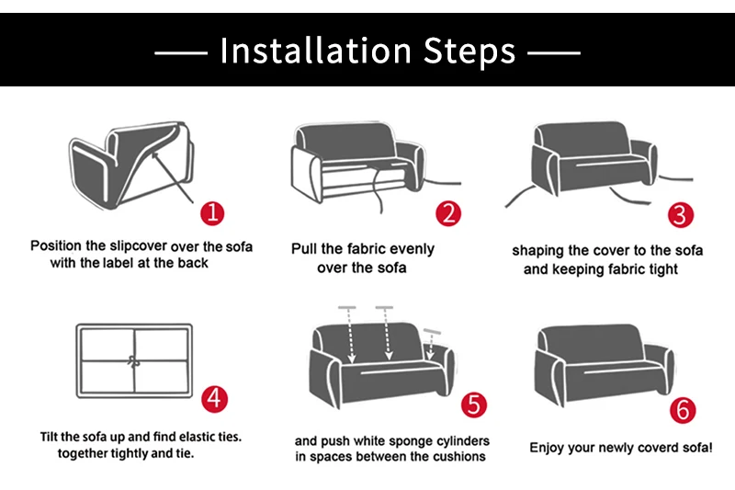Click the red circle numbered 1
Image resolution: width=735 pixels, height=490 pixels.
[x=212, y=213]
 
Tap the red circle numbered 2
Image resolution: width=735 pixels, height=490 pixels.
[x=448, y=214]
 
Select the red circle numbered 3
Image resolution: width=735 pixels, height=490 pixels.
[x=681, y=215]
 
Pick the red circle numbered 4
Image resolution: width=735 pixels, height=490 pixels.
[x=214, y=399]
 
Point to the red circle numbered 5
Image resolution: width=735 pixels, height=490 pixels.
[x=474, y=405]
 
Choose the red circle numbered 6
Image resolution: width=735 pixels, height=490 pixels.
[x=683, y=410]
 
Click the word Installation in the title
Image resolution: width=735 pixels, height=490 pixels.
[x=315, y=51]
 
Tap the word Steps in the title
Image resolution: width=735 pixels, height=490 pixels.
[x=469, y=51]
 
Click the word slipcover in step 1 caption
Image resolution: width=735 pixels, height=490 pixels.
[x=138, y=245]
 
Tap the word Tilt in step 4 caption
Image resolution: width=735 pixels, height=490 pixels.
[x=49, y=437]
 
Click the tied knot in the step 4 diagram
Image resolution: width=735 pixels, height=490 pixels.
[x=134, y=361]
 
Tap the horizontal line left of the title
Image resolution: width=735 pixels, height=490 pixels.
[x=181, y=53]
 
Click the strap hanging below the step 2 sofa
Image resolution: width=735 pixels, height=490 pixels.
[x=377, y=190]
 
